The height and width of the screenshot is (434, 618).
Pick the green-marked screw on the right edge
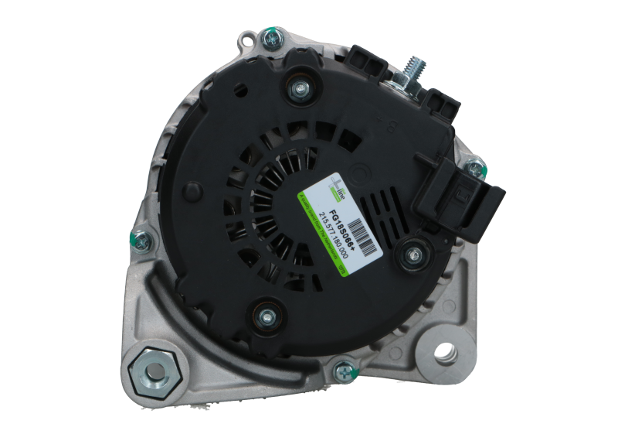pos(473,165)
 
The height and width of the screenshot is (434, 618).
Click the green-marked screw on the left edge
pos(138,240)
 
